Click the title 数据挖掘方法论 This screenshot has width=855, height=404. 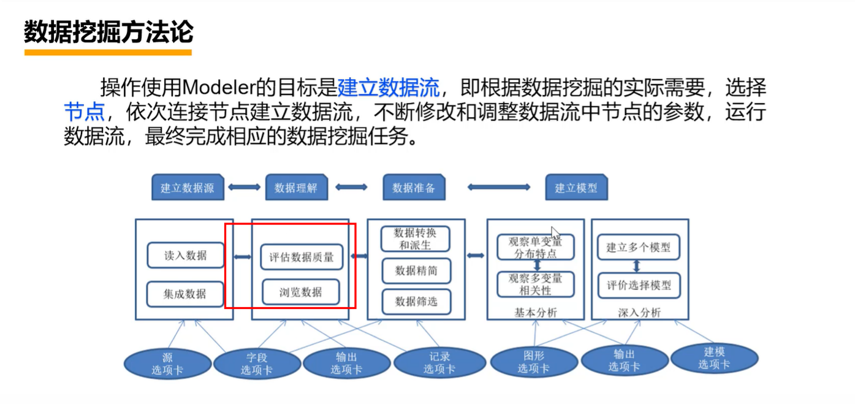click(108, 32)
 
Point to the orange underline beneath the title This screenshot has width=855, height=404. click(108, 53)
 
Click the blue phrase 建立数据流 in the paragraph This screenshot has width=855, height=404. click(389, 88)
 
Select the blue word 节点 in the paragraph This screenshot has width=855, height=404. click(84, 112)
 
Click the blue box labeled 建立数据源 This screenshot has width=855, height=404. click(188, 188)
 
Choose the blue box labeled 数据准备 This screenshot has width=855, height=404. click(414, 188)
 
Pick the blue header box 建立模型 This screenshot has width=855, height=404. click(576, 188)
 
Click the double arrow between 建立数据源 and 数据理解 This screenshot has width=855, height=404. click(245, 187)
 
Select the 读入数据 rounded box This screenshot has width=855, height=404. click(185, 256)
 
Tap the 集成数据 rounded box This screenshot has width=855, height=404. click(185, 294)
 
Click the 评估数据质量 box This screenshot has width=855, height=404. click(301, 257)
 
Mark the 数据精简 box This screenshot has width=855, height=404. click(416, 270)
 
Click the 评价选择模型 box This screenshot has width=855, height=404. click(639, 285)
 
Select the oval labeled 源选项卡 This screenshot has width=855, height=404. click(167, 364)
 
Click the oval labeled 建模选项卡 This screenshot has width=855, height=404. click(714, 359)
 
